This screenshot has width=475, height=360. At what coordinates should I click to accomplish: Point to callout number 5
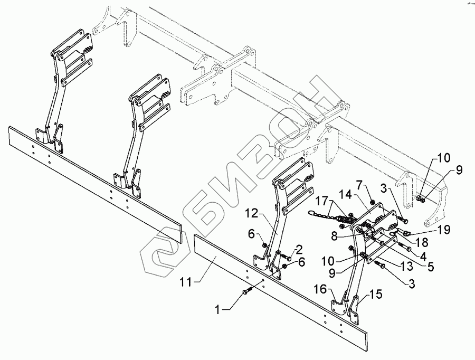(x=432, y=267)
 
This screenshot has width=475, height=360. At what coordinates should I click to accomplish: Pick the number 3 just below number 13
(x=411, y=284)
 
